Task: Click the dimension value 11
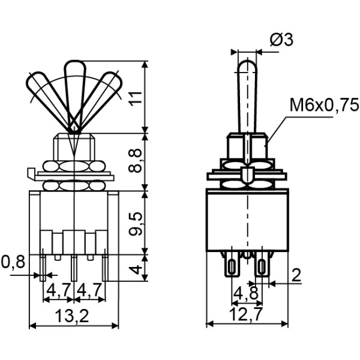[x=137, y=95]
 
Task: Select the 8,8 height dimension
[x=137, y=160]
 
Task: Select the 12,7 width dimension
[x=246, y=315]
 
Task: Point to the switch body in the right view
[x=247, y=219]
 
